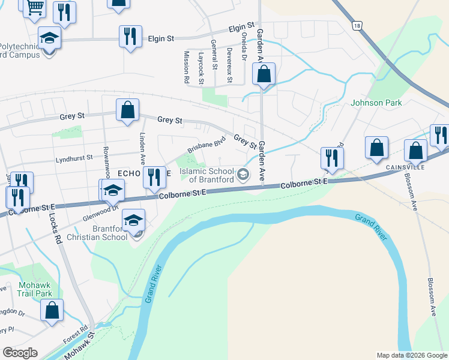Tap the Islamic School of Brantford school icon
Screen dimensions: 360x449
point(243,175)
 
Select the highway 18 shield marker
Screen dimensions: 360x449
point(357,26)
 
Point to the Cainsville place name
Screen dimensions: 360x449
point(406,167)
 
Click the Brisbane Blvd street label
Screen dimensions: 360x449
point(206,144)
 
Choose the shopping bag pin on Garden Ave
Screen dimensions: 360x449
point(264,75)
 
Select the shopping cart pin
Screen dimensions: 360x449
point(35,8)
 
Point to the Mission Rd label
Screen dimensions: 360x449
point(186,67)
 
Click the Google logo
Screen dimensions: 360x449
point(20,353)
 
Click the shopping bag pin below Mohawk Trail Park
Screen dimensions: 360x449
point(52,311)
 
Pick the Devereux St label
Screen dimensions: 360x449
point(229,66)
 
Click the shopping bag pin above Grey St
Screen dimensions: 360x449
point(127,110)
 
